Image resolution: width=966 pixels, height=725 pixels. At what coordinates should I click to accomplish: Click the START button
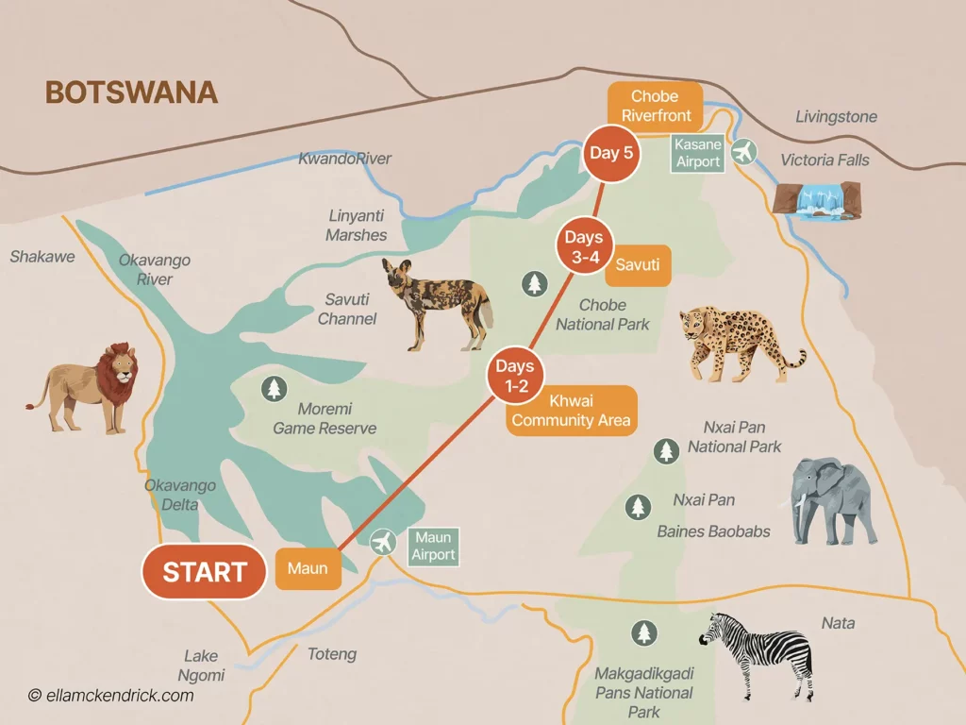tap(204, 572)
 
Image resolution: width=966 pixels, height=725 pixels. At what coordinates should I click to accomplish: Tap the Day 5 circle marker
tap(610, 153)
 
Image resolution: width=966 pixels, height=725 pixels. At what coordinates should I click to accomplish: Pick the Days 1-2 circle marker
tap(515, 375)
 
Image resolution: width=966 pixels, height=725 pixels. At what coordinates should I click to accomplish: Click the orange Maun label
tap(308, 569)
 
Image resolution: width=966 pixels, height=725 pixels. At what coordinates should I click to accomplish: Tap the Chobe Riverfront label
tap(656, 106)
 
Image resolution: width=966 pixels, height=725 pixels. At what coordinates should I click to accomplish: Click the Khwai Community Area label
tap(571, 411)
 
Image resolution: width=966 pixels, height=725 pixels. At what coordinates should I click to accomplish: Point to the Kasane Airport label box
tap(698, 153)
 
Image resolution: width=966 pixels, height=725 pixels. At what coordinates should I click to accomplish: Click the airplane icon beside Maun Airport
tap(383, 543)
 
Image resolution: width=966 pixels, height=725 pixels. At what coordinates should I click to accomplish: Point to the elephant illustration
tap(829, 500)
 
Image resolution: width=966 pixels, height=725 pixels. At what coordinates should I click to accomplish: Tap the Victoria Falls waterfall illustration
tap(817, 199)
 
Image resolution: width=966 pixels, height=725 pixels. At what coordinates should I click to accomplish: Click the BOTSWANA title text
tap(131, 93)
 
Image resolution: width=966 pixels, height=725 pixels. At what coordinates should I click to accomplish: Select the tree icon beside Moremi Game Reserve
tap(274, 388)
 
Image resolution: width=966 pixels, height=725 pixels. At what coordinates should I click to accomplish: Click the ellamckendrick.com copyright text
tap(110, 696)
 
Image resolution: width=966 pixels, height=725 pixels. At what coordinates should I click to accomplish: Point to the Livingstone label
tap(836, 117)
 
